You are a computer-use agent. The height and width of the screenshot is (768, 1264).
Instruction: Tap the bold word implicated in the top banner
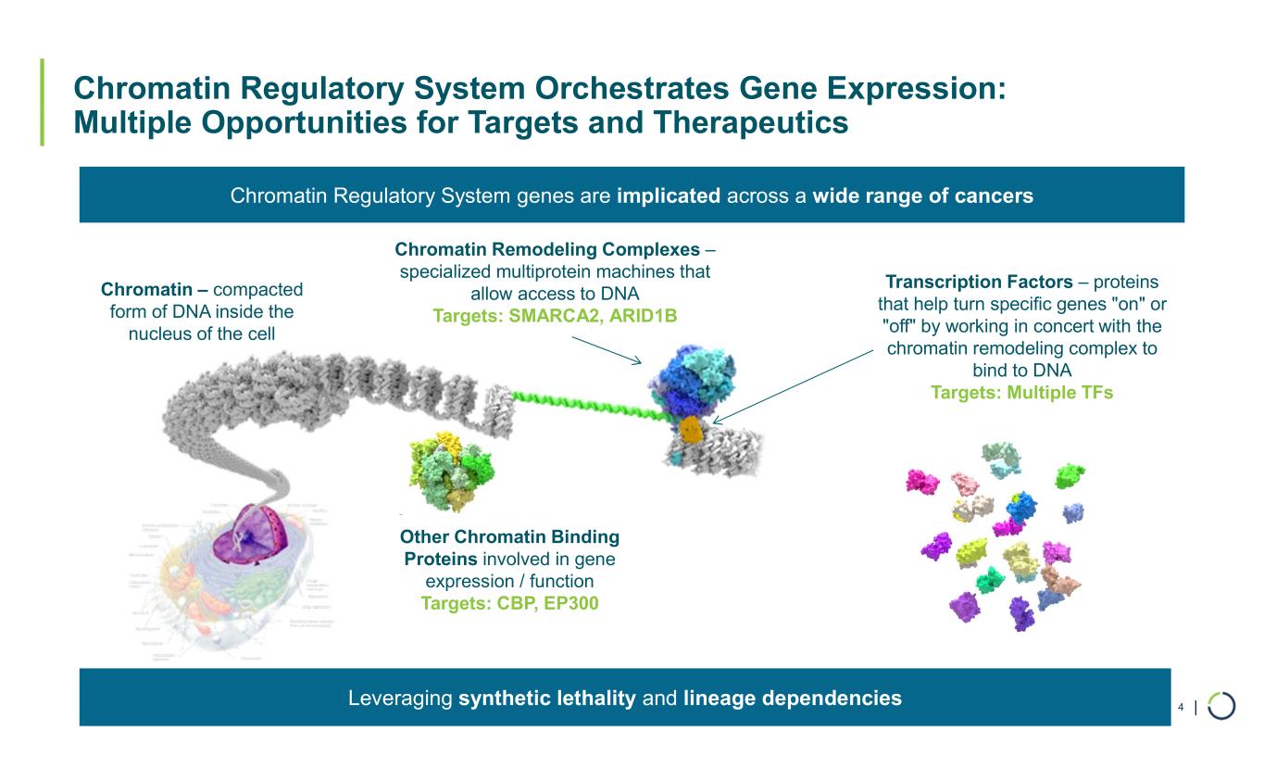(670, 195)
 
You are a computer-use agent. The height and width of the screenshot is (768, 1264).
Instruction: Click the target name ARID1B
(639, 316)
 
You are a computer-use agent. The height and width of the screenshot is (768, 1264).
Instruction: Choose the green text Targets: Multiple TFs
(1021, 393)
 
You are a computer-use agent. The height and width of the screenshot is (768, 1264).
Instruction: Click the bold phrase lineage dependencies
(793, 698)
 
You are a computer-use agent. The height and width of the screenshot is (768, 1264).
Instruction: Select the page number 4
(1181, 708)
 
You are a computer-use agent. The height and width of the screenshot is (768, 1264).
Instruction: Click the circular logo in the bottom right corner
(1221, 706)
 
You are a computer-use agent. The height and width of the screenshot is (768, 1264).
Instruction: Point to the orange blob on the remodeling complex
(689, 429)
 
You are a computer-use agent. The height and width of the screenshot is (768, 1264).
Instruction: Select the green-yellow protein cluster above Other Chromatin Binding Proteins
(449, 472)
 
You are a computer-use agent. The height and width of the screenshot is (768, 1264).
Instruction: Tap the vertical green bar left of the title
(42, 102)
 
